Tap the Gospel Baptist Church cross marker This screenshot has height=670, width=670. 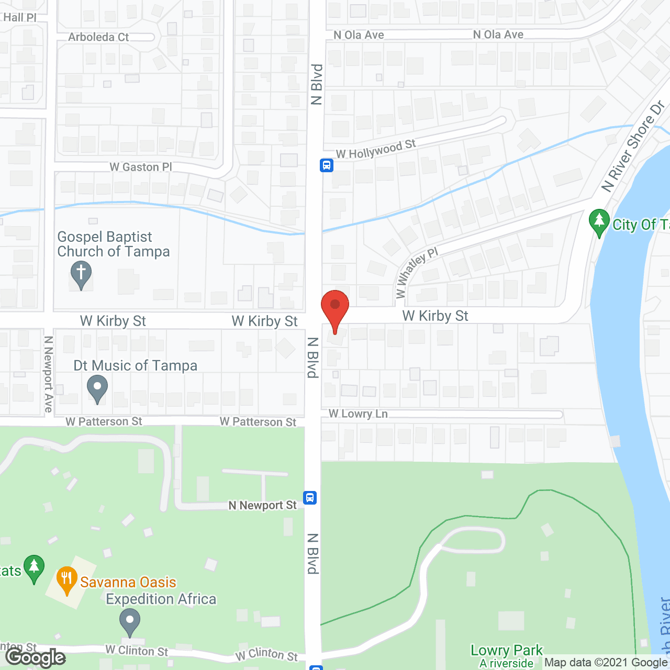tap(81, 274)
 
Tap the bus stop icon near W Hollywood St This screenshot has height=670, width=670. tap(327, 165)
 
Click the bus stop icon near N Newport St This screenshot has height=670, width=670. tap(310, 497)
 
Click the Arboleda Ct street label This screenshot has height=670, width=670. tap(98, 37)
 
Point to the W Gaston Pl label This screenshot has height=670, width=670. tap(140, 167)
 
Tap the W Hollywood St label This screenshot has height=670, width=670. tap(375, 149)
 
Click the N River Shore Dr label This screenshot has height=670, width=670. tap(633, 146)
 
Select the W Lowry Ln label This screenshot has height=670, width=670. tap(358, 414)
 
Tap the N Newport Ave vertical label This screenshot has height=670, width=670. tap(49, 374)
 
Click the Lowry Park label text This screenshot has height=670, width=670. tap(506, 650)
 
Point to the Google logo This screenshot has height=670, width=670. tap(35, 657)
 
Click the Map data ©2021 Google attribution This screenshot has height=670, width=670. tap(606, 663)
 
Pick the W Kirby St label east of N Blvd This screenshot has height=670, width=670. tap(435, 316)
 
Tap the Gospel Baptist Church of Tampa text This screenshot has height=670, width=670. tap(113, 244)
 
